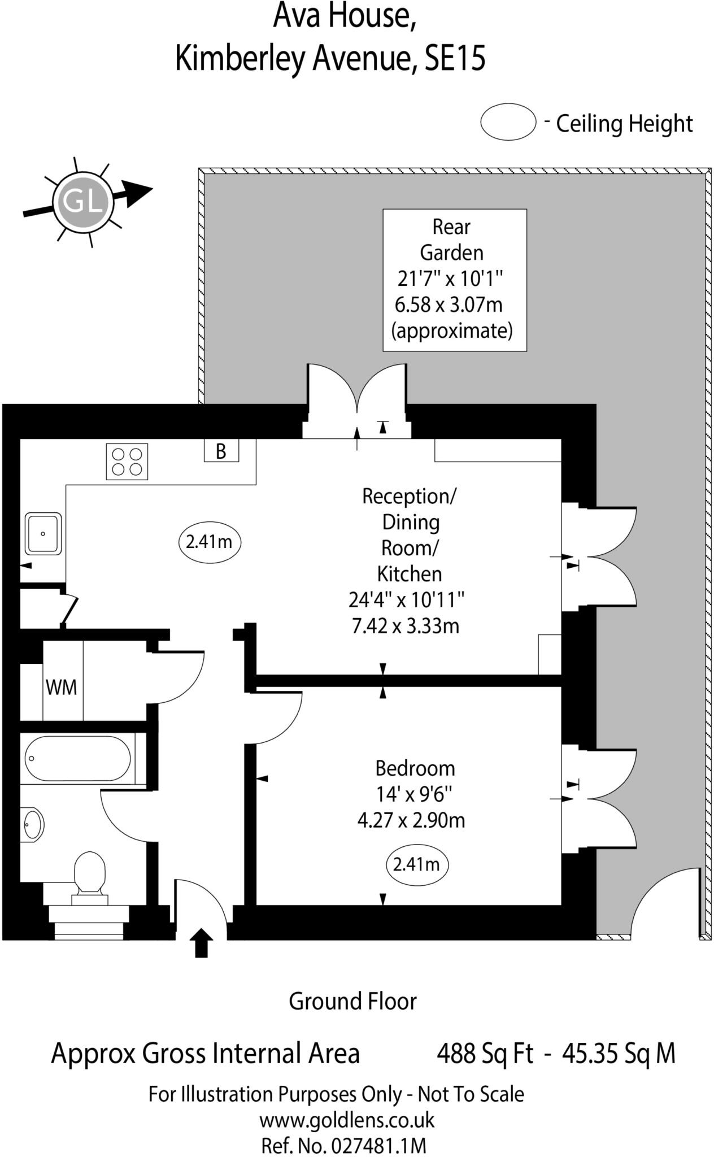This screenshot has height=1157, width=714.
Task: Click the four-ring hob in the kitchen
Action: tap(127, 462)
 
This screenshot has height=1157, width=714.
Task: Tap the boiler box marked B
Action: tap(221, 450)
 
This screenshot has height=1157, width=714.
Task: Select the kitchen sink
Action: tap(43, 533)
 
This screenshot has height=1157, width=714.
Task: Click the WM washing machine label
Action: tap(61, 688)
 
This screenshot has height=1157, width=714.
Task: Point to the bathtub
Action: tap(78, 758)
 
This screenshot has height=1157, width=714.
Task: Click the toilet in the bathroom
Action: tap(90, 873)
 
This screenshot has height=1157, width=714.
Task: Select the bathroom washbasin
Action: tap(32, 825)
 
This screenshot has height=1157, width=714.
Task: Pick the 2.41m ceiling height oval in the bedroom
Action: tap(417, 864)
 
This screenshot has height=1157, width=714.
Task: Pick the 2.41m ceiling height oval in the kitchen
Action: tap(210, 542)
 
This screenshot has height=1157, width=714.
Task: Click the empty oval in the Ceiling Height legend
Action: tap(508, 122)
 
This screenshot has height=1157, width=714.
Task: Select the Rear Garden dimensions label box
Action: tap(455, 280)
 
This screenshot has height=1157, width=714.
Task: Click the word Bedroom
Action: tap(415, 768)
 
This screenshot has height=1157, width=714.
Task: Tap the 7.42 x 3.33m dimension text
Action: tap(406, 626)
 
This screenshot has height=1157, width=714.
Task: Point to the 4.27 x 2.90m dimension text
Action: tap(411, 820)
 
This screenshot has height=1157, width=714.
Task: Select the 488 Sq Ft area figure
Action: tap(485, 1054)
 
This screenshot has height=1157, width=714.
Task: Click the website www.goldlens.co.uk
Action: tap(347, 1120)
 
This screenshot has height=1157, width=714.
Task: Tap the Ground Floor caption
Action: tap(352, 1001)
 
